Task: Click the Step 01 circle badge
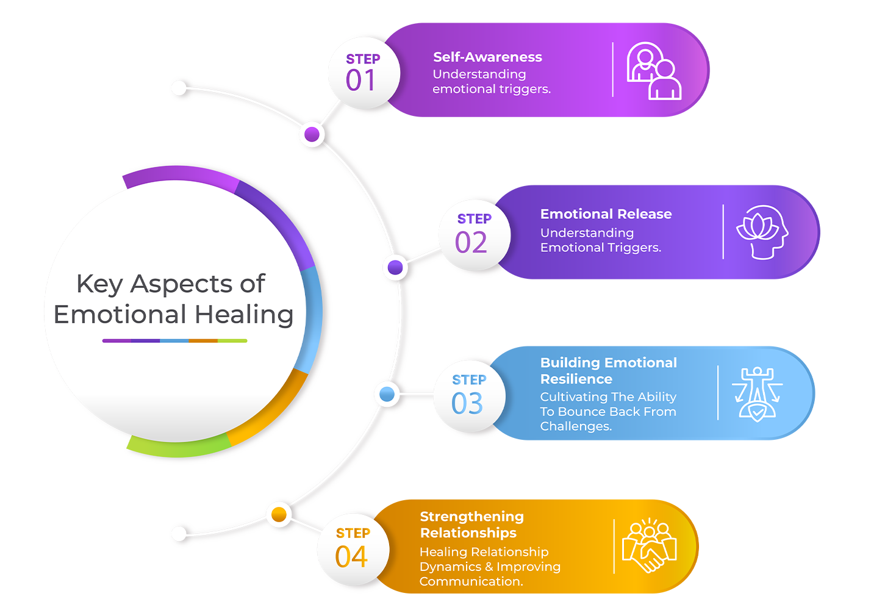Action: (364, 73)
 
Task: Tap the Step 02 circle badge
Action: (474, 234)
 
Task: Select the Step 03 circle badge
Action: (469, 396)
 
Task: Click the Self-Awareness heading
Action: (487, 57)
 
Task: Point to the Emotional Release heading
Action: (606, 214)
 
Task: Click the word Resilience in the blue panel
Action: (576, 379)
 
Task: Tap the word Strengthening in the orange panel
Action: (471, 517)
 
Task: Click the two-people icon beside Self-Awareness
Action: (654, 71)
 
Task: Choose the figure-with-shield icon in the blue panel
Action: (757, 393)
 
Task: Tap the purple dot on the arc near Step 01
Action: (312, 134)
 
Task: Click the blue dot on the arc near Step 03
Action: (387, 394)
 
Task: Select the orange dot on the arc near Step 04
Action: (279, 514)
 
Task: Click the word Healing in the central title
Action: (244, 315)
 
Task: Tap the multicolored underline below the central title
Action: (174, 341)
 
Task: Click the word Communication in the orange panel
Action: (470, 581)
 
